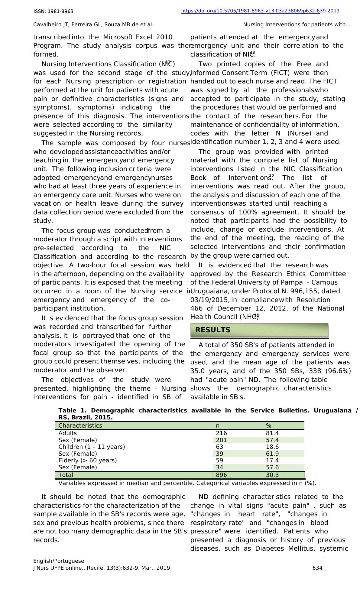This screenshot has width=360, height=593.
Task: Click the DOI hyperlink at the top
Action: click(260, 11)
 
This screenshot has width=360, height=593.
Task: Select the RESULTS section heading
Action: click(213, 330)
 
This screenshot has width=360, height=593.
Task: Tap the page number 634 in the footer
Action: click(317, 568)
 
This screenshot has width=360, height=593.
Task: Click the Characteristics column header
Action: click(80, 425)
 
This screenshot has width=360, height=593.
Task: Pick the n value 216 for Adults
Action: click(221, 433)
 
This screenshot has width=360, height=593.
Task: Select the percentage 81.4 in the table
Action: click(272, 433)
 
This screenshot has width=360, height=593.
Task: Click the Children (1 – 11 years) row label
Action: click(92, 447)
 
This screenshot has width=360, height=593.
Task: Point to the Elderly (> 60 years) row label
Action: click(87, 460)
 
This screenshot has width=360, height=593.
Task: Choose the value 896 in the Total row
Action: click(221, 475)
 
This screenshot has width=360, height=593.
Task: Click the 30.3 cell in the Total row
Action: click(272, 475)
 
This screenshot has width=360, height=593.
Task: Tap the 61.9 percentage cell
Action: click(272, 454)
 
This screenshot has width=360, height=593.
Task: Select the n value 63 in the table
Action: click(219, 447)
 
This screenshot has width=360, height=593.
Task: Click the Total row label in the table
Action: click(66, 475)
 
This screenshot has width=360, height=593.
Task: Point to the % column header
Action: click(268, 425)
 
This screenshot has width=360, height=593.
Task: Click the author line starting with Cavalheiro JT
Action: click(93, 24)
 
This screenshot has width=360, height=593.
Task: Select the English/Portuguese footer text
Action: click(59, 561)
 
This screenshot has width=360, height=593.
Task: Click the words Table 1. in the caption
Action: click(72, 410)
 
